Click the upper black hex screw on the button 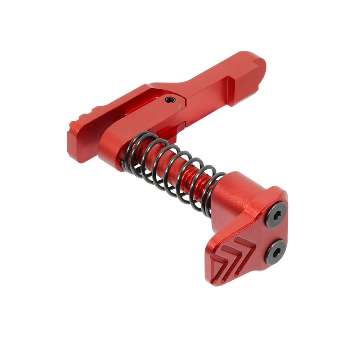coord(276,215)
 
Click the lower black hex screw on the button coord(276,252)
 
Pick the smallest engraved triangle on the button coord(215,266)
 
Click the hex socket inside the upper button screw coord(276,215)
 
